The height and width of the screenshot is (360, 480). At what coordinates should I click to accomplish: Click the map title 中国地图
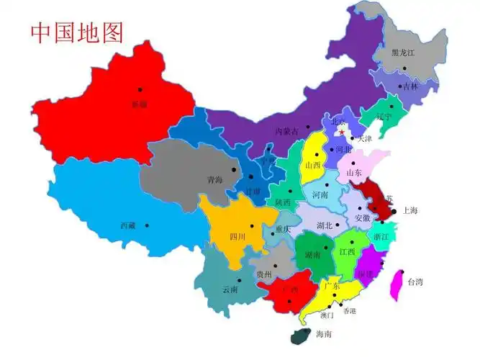point(77,32)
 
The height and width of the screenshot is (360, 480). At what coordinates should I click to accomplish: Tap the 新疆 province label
point(139,104)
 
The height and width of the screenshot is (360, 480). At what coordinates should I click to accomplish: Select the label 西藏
point(127,225)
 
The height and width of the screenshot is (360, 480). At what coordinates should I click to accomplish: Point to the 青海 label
point(214,179)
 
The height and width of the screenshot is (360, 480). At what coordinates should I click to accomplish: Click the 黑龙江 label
point(403,53)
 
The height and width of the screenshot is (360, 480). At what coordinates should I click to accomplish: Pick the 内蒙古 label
point(286,131)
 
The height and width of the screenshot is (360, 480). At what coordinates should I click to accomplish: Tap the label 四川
point(237,236)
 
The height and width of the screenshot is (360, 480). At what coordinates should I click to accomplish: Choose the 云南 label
point(230,289)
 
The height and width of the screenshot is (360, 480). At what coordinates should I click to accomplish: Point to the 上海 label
point(410,211)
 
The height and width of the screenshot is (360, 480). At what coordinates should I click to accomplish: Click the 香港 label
point(349,311)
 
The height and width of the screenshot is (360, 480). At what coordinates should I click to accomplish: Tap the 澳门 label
point(327,315)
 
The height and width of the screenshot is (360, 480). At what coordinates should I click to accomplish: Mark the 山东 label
point(353,173)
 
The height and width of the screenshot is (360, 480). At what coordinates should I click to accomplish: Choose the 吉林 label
point(409,86)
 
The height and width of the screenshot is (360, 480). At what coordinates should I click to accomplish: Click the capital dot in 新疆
point(140,90)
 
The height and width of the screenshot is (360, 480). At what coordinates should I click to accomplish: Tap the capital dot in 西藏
point(148,225)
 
